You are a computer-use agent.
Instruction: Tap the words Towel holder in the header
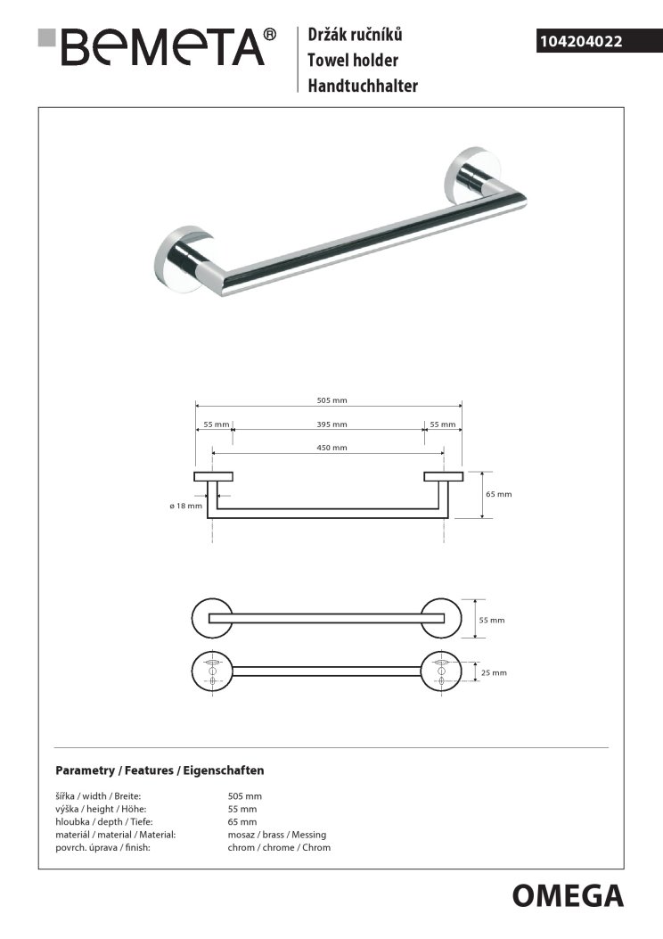[352, 61]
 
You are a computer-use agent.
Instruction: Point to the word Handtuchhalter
[363, 86]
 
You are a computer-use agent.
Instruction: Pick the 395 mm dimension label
[331, 424]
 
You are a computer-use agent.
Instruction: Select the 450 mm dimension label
[331, 448]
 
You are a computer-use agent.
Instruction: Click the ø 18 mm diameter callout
[185, 506]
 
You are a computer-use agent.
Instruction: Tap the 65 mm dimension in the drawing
[499, 494]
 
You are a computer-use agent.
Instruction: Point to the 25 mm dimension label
[495, 672]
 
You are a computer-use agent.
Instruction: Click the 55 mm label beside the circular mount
[493, 620]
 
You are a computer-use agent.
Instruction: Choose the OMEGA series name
[568, 894]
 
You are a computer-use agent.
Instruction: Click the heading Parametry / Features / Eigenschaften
[160, 770]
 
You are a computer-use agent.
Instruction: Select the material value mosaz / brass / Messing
[277, 835]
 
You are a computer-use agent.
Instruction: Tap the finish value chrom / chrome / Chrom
[279, 847]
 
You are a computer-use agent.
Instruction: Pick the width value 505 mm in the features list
[245, 796]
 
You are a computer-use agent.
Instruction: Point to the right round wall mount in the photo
[469, 179]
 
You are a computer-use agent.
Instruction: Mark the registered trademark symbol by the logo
[269, 35]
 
